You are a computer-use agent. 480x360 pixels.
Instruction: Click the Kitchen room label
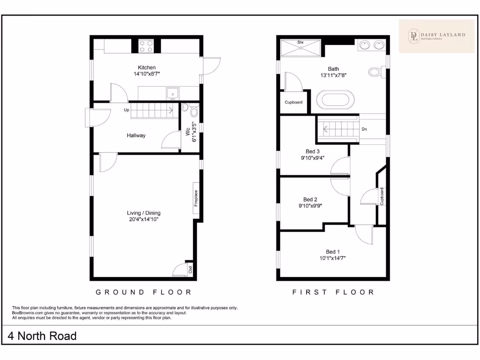pyautogui.click(x=147, y=67)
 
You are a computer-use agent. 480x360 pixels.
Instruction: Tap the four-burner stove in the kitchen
pyautogui.click(x=147, y=46)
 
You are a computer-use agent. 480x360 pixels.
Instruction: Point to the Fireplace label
pyautogui.click(x=196, y=198)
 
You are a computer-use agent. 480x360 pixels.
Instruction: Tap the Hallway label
pyautogui.click(x=136, y=135)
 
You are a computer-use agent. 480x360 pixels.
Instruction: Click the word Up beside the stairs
pyautogui.click(x=127, y=110)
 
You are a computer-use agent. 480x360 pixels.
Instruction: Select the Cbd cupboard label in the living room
pyautogui.click(x=190, y=270)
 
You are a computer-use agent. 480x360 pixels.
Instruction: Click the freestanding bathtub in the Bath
pyautogui.click(x=336, y=100)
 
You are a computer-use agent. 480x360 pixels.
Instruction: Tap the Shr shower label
pyautogui.click(x=300, y=42)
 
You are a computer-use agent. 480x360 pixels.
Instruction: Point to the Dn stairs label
pyautogui.click(x=364, y=129)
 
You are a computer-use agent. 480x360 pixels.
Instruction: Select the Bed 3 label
pyautogui.click(x=313, y=151)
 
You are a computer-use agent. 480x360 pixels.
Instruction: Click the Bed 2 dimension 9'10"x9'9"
pyautogui.click(x=310, y=205)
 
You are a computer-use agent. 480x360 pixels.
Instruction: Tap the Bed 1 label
pyautogui.click(x=333, y=252)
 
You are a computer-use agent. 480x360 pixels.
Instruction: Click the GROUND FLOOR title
pyautogui.click(x=144, y=292)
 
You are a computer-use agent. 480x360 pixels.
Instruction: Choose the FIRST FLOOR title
pyautogui.click(x=333, y=292)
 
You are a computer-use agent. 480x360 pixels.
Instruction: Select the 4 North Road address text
pyautogui.click(x=42, y=336)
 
